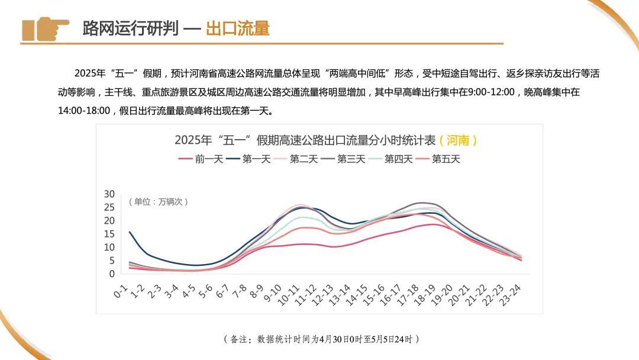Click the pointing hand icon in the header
click(x=45, y=28)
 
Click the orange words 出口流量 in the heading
click(x=237, y=28)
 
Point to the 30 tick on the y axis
click(x=109, y=194)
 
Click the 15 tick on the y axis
click(x=109, y=234)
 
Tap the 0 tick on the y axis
click(x=111, y=274)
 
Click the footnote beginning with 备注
click(x=322, y=339)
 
